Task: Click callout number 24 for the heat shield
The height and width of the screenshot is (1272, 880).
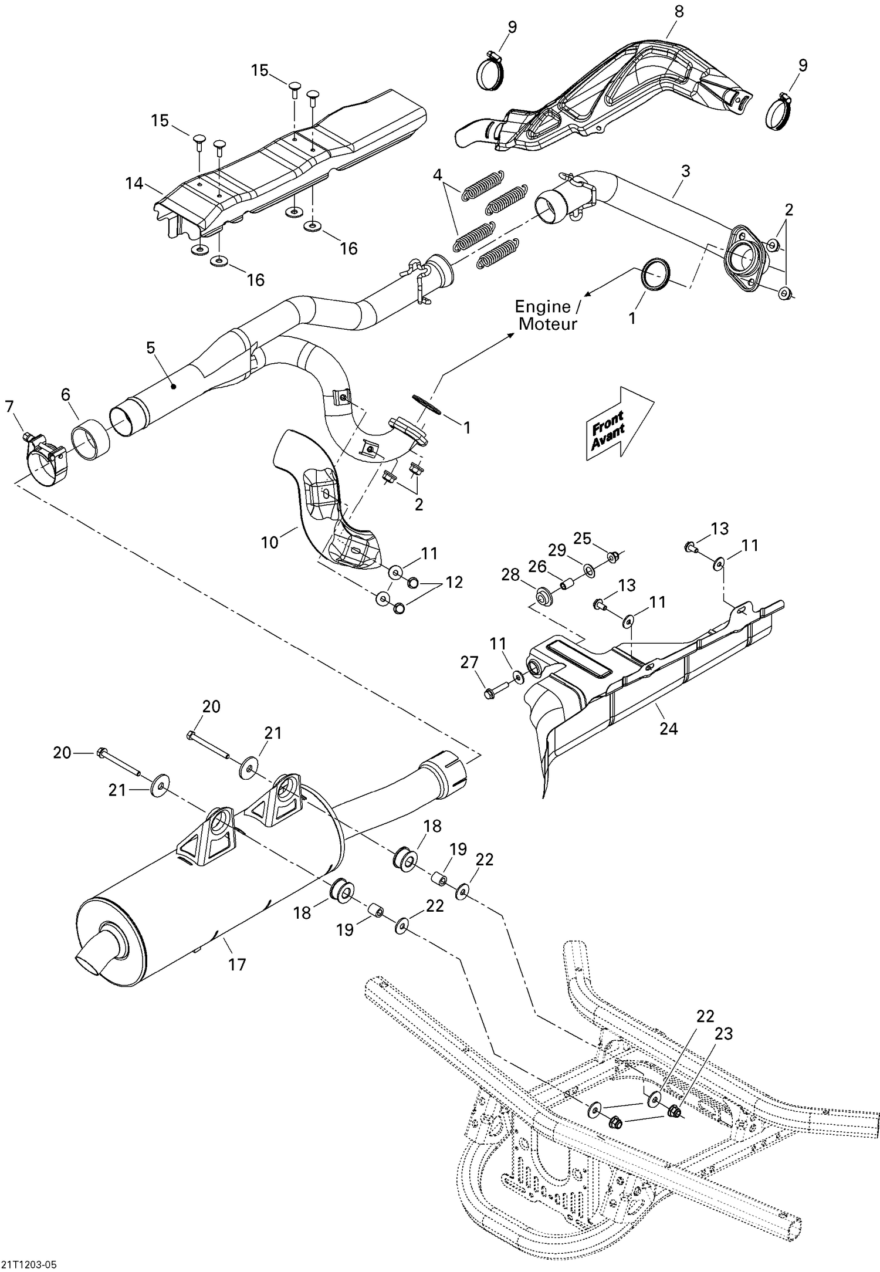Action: tap(668, 729)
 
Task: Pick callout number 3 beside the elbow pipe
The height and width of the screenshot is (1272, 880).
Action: tap(685, 171)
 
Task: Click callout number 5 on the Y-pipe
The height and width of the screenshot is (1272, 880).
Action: tap(151, 347)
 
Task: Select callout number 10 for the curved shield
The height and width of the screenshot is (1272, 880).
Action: tap(269, 542)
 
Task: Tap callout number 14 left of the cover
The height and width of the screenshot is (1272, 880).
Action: tap(134, 184)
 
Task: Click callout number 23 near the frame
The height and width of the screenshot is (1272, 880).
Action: tap(723, 1033)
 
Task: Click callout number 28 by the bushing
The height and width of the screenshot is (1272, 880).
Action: tap(510, 574)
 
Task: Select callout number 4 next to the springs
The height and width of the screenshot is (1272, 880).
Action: tap(437, 175)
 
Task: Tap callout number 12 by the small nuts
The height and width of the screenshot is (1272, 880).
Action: tap(453, 582)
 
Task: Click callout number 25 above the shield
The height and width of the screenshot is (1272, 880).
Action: tap(582, 538)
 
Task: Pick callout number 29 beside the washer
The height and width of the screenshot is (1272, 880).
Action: tap(557, 550)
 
